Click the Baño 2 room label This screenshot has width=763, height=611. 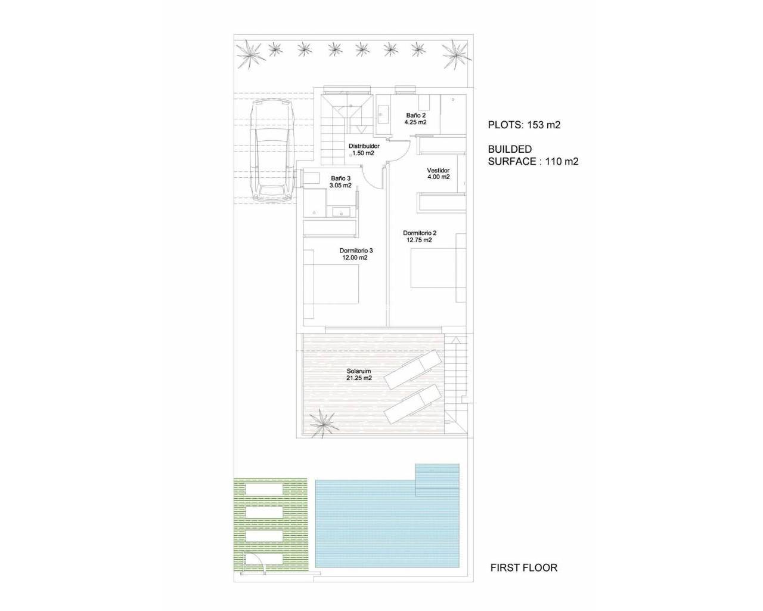[415, 119]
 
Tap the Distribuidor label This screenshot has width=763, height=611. [364, 149]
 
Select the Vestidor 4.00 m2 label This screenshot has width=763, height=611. [439, 173]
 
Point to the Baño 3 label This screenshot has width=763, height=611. [341, 182]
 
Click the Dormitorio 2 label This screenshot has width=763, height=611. [420, 236]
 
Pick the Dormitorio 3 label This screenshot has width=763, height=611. [356, 254]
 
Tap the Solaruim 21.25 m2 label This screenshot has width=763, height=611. [359, 375]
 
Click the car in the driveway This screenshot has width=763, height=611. [272, 150]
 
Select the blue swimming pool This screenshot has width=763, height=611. [387, 521]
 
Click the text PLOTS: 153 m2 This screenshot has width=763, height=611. [524, 125]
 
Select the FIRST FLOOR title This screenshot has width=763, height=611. [524, 578]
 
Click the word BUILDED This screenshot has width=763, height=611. [510, 149]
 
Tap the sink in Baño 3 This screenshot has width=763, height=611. [342, 212]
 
